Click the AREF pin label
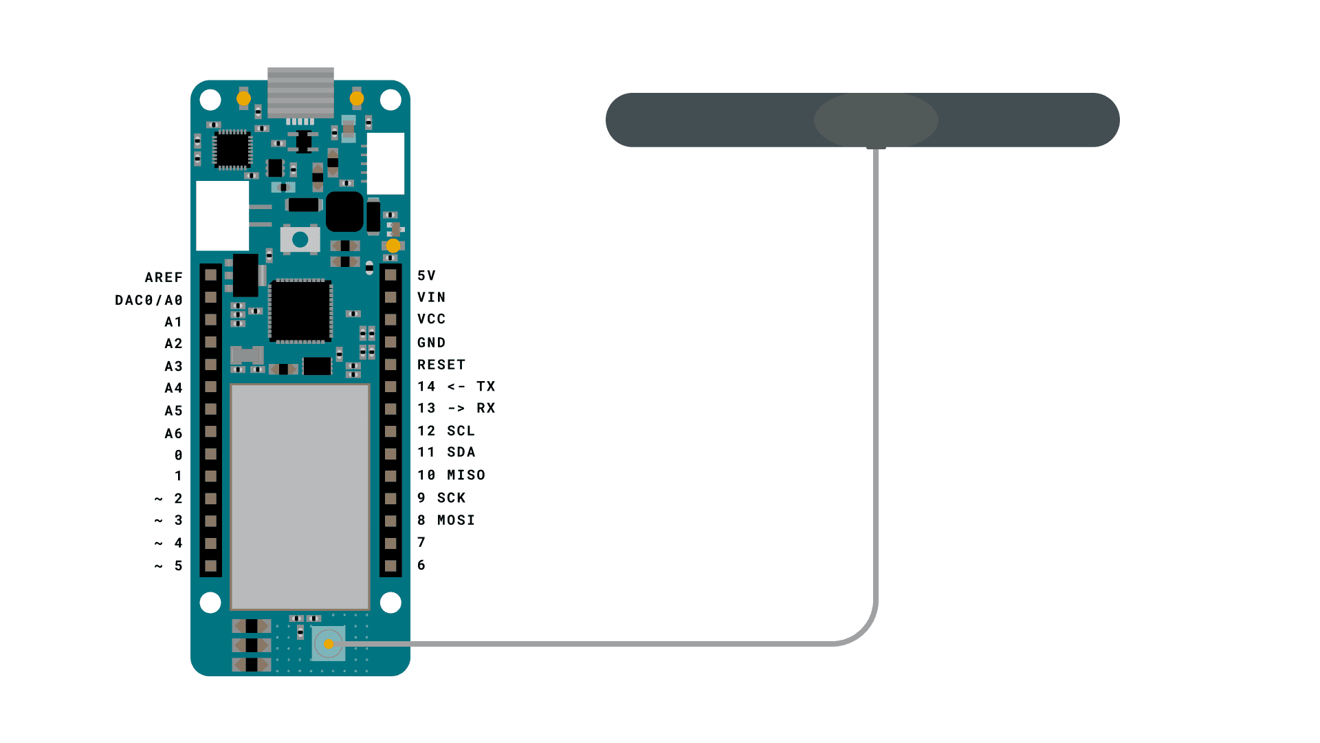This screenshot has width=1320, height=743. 164,277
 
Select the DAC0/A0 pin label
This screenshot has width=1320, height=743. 148,300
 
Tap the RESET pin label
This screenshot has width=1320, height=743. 441,365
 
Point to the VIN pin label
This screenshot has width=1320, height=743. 432,297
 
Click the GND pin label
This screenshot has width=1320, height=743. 432,343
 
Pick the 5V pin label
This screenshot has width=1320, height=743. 427,275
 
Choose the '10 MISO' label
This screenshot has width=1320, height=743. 452,475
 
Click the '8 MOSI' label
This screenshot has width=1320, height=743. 446,520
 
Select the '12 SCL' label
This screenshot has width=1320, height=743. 446,431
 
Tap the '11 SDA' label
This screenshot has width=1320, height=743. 446,452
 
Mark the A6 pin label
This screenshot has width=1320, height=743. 173,433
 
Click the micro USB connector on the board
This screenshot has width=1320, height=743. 300,93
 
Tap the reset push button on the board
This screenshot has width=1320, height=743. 300,239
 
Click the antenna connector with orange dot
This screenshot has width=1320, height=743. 329,644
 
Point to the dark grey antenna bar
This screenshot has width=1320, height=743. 862,120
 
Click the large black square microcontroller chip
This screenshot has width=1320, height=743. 300,311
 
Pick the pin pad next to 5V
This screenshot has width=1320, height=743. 390,275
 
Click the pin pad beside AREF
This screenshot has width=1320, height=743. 211,275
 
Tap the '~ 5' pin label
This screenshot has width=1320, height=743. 168,566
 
